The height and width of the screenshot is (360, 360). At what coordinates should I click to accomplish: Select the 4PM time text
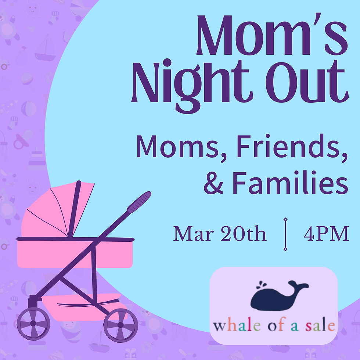(x=326, y=234)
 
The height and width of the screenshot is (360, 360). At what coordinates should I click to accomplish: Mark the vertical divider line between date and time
(x=285, y=234)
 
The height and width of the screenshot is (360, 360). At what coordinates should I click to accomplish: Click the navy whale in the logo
(x=277, y=296)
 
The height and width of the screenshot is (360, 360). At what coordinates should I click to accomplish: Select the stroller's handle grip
(x=140, y=202)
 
